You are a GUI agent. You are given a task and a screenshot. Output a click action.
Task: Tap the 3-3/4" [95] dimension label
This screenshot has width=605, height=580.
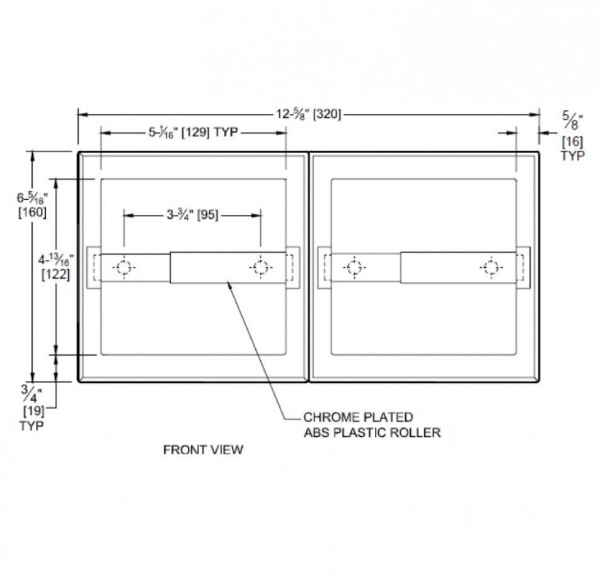coord(192,215)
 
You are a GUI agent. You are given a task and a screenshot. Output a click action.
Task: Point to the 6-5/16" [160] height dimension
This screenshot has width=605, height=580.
coord(31,204)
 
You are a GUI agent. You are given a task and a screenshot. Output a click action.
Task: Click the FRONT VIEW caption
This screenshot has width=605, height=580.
coord(203,449)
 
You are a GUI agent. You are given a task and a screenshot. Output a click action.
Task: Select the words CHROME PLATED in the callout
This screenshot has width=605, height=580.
coord(359,417)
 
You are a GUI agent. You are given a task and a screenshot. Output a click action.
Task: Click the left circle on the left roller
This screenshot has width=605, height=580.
coord(124,268)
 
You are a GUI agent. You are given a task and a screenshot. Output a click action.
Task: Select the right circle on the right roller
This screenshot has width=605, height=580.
coord(491,268)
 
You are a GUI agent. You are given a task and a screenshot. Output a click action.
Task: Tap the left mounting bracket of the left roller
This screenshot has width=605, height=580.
coord(93,268)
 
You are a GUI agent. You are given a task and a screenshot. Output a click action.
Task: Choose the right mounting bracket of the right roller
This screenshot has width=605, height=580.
coord(523,268)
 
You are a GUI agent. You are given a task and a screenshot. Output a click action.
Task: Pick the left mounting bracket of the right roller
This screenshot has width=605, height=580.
coord(324,268)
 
